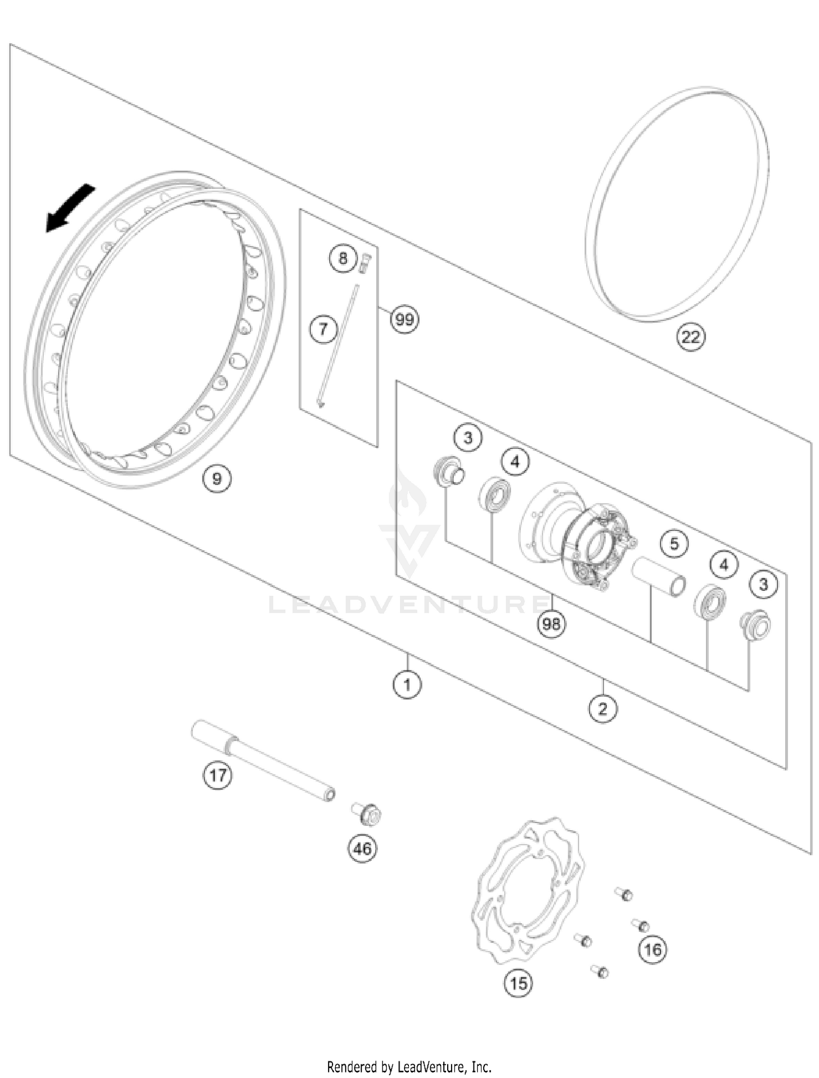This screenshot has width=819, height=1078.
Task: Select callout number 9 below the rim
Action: (217, 479)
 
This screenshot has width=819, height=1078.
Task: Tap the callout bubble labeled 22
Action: (691, 337)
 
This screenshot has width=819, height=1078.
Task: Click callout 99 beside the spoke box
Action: (405, 319)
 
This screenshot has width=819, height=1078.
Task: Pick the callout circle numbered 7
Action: (323, 329)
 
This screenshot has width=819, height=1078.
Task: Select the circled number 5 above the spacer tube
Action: (674, 544)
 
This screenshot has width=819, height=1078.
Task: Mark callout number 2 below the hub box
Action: (603, 709)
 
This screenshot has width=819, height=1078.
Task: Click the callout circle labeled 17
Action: (217, 775)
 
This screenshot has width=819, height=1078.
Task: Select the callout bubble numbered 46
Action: (363, 849)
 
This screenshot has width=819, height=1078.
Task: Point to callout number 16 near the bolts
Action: (653, 950)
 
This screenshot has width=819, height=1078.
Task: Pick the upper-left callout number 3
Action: (468, 437)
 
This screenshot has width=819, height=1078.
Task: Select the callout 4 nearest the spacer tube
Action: (724, 564)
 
